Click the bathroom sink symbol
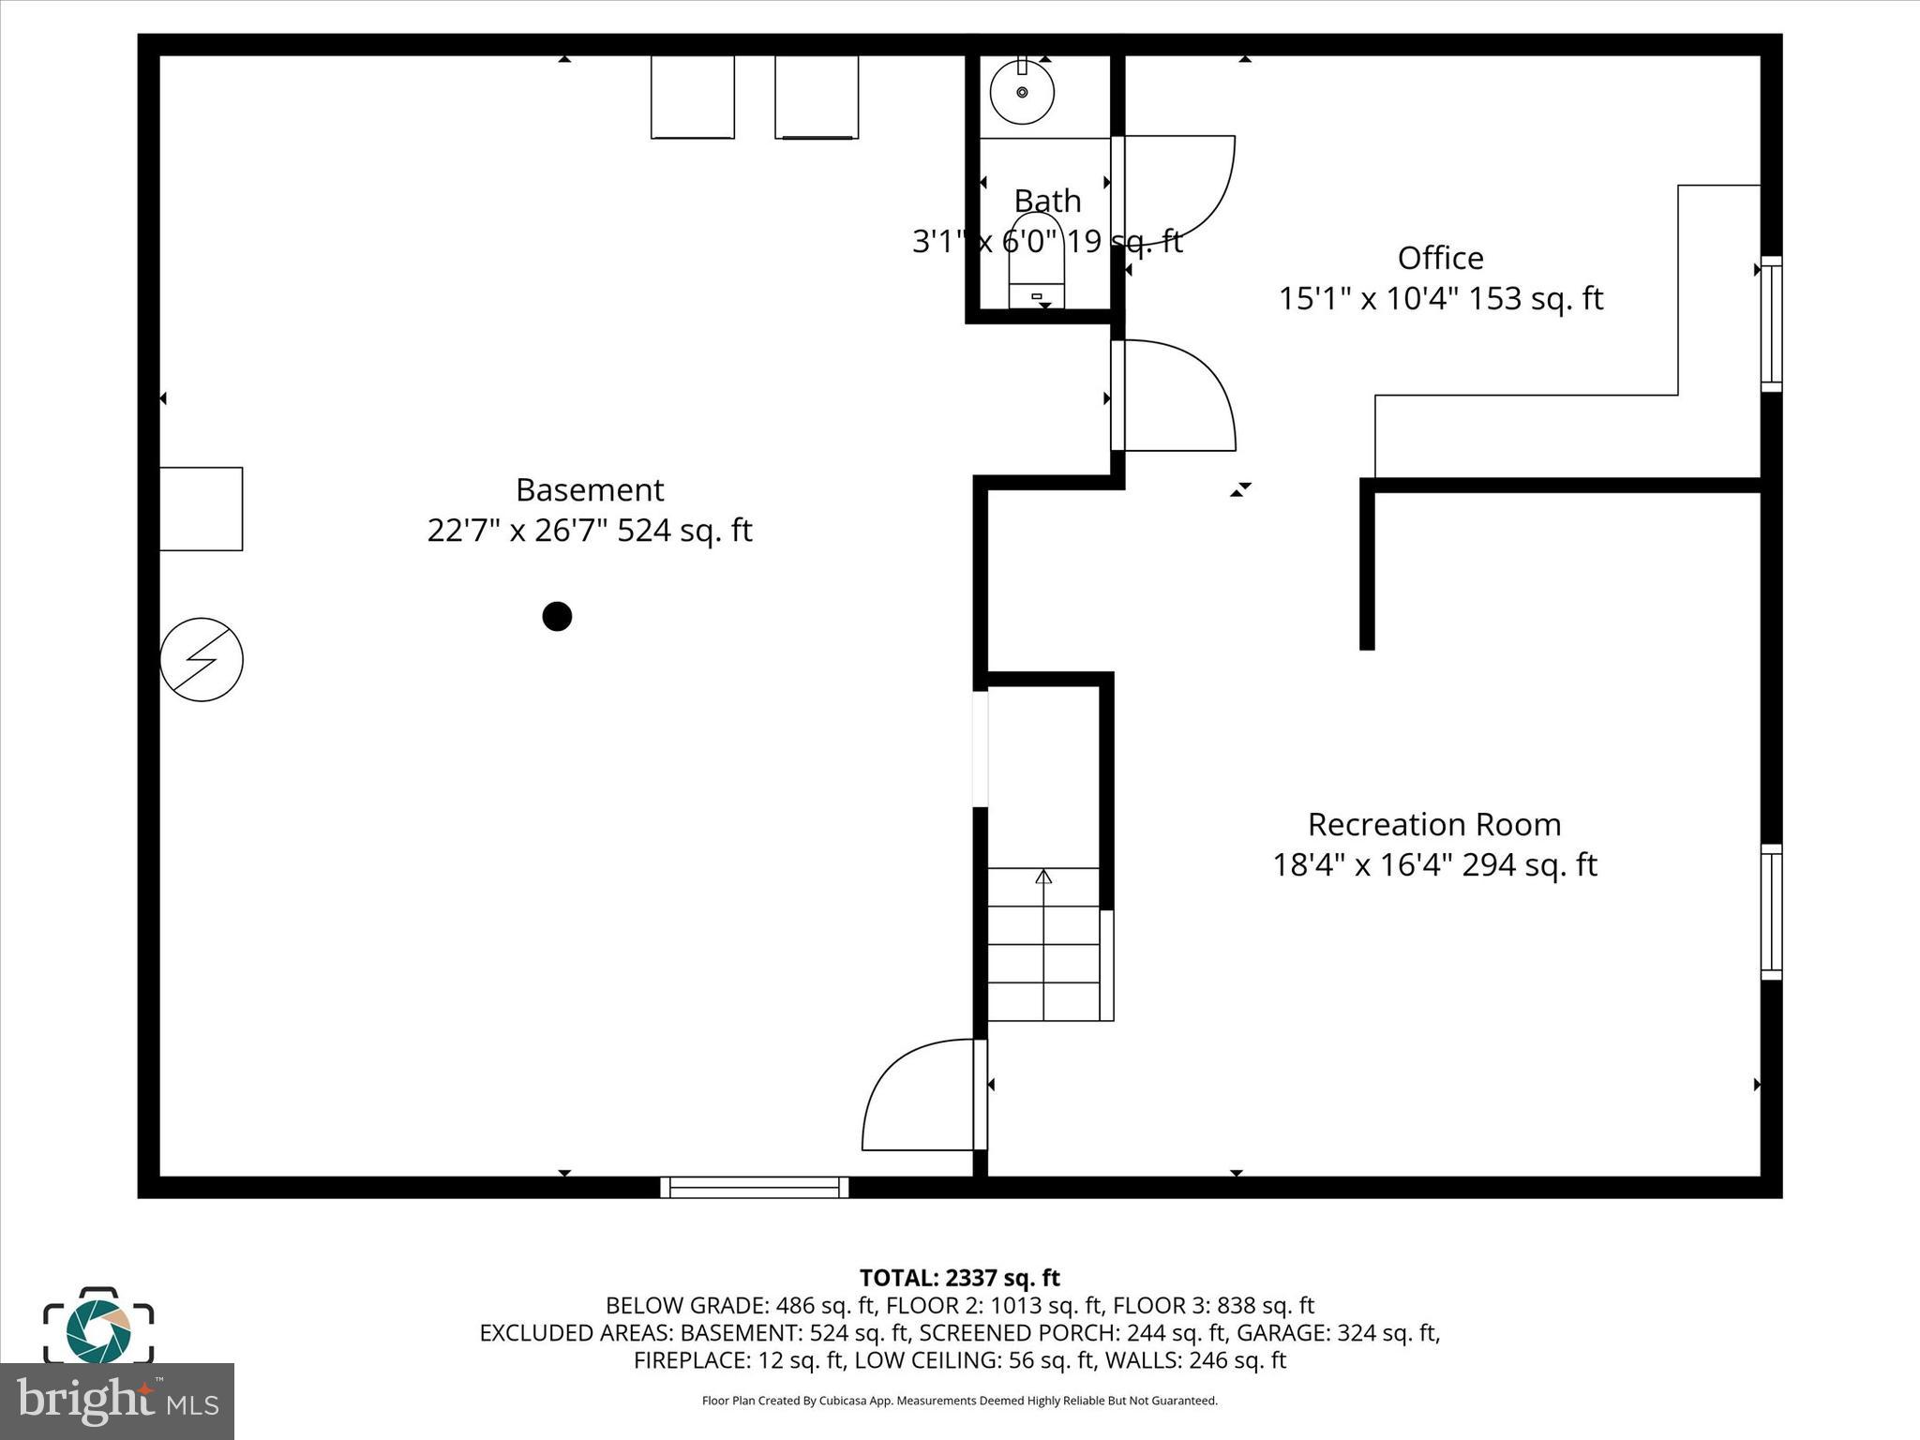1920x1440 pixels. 1022,92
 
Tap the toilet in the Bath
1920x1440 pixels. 1036,262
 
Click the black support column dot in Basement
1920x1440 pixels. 557,616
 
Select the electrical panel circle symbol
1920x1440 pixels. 202,659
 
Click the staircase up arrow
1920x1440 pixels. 1043,877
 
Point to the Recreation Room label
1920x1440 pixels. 1433,824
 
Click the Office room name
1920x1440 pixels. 1440,258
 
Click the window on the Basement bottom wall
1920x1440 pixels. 754,1187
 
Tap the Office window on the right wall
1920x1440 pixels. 1770,323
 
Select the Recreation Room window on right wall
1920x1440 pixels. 1770,911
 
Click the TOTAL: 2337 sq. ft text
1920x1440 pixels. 959,1278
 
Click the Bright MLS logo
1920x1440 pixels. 117,1401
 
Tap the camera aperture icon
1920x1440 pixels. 98,1330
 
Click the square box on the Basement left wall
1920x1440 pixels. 201,508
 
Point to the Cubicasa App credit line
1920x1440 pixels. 959,1401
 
